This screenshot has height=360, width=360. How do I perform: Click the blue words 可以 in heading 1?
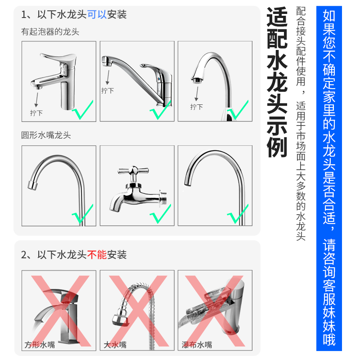97,14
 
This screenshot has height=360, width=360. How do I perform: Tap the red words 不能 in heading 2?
97,255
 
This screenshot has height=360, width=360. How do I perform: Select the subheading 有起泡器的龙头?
50,31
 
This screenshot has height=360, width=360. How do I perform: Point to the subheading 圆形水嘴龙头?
46,135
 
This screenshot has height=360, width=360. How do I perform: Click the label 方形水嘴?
40,345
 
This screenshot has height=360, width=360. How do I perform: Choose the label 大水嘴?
115,345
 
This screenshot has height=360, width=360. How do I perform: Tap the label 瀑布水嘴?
197,345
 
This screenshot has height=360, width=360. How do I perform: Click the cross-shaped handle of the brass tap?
133,171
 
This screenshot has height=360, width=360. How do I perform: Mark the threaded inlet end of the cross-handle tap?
163,197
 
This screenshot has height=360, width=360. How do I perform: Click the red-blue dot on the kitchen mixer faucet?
158,79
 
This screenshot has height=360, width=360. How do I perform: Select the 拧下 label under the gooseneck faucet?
197,107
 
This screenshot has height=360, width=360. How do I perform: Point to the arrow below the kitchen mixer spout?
108,77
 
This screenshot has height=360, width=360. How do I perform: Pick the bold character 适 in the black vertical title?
277,17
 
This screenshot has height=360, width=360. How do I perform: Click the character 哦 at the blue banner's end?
329,339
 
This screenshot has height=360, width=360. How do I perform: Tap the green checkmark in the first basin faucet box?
83,110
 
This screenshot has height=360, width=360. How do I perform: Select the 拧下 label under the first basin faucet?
36,113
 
